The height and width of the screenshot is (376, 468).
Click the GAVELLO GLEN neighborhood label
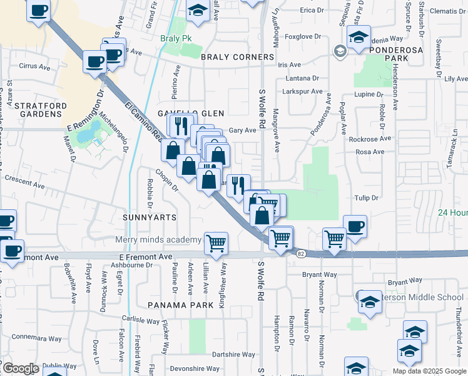[190, 113]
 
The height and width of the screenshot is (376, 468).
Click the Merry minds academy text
[158, 239]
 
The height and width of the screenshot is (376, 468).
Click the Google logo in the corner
[20, 368]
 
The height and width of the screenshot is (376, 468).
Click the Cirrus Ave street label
[35, 66]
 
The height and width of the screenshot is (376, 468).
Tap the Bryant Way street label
[320, 274]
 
